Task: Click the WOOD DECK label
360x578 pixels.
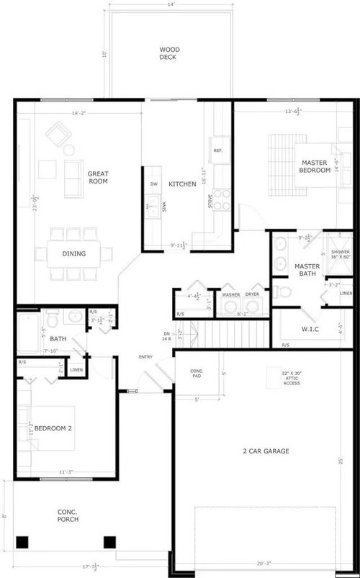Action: (x=169, y=53)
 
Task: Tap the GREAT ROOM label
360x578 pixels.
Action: (x=98, y=178)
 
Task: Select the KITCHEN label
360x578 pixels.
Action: (x=182, y=184)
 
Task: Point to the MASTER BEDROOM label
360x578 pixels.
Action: (x=315, y=166)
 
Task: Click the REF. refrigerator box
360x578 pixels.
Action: (x=217, y=150)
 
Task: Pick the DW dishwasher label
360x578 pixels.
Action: (x=153, y=184)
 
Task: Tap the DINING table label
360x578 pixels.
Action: (x=74, y=253)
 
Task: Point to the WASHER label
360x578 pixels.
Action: (x=231, y=294)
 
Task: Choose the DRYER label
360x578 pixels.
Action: (x=253, y=294)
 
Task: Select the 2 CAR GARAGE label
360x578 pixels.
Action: (x=266, y=451)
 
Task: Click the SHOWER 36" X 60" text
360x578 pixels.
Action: (x=340, y=254)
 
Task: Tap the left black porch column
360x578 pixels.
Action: (x=22, y=542)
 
